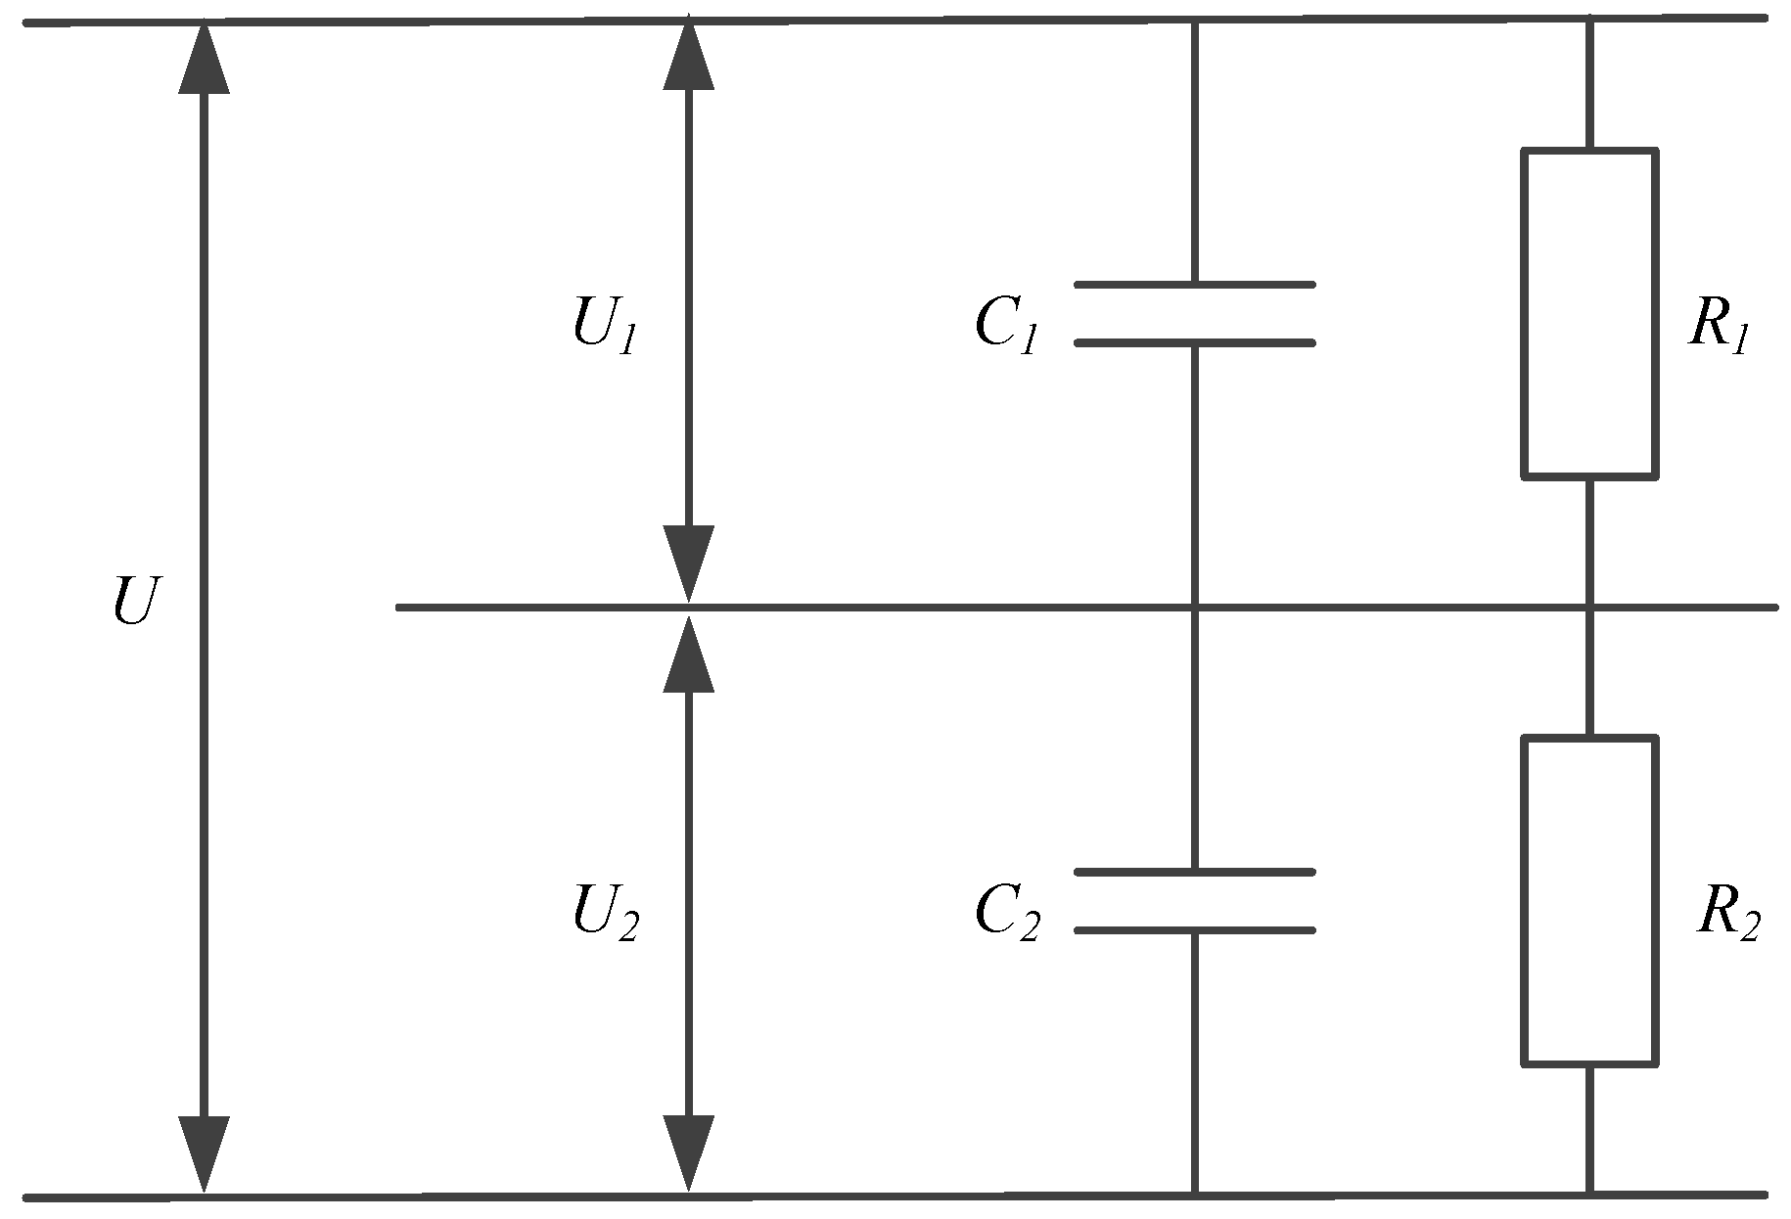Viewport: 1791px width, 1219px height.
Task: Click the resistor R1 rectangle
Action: coord(1588,313)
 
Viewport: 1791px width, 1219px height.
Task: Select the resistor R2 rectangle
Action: coord(1588,900)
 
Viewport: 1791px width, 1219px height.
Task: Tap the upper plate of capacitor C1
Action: coord(1194,285)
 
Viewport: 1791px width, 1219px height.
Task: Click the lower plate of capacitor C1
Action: coord(1194,343)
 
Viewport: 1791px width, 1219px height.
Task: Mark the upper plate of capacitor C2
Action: coord(1194,871)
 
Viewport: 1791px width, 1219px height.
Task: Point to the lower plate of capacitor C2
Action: coord(1194,930)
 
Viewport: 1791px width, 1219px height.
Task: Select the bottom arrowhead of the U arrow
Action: coord(204,1154)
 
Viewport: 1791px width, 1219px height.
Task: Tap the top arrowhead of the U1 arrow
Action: coord(688,55)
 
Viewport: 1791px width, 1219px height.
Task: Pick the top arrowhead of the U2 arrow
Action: coord(688,654)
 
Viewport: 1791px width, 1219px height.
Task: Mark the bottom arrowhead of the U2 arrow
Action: coord(688,1154)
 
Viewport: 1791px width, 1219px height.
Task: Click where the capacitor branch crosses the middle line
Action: coord(1194,608)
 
